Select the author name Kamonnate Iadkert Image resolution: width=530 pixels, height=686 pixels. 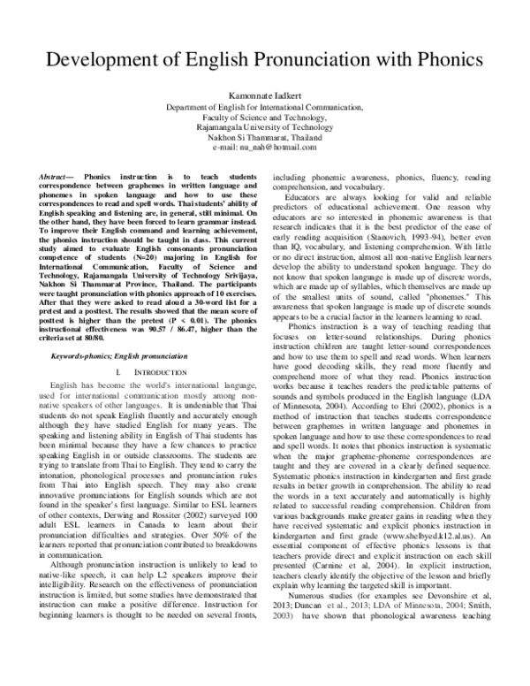[x=264, y=94]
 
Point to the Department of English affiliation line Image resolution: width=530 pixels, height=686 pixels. [x=264, y=106]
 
